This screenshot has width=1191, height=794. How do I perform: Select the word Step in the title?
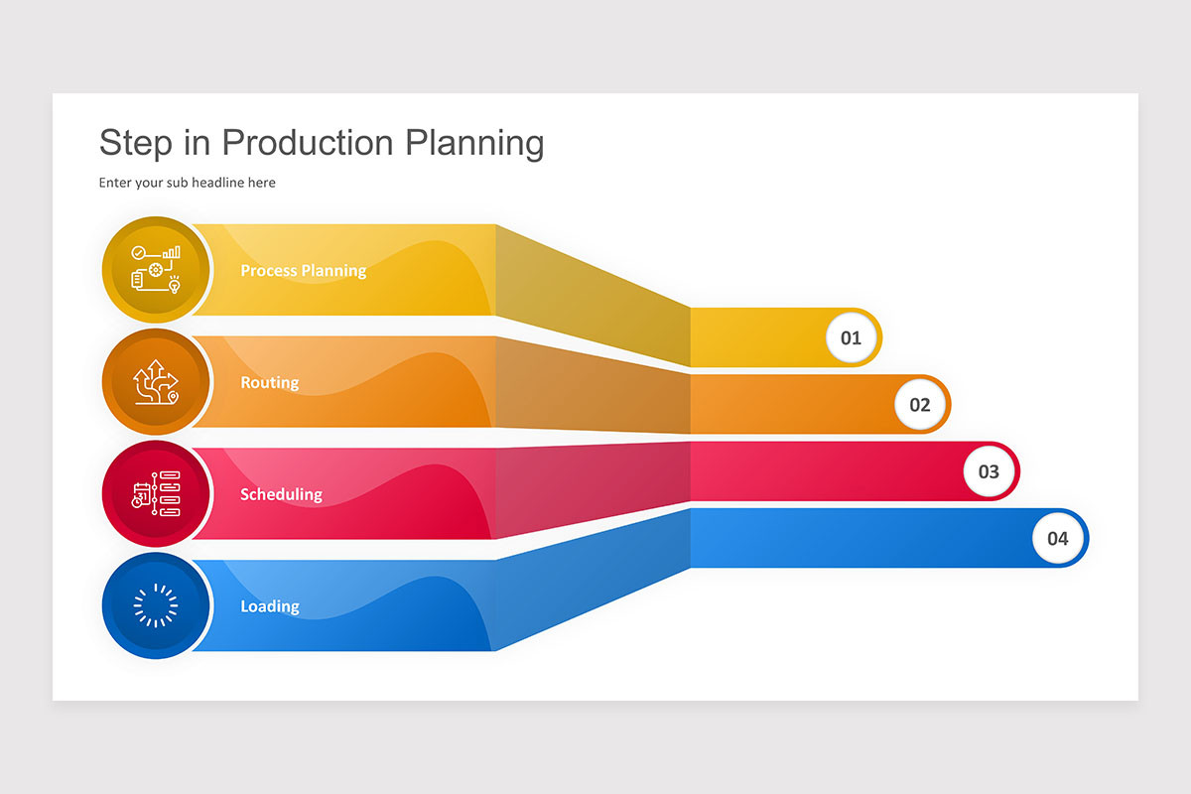(x=134, y=143)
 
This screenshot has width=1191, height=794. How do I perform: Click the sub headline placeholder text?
(x=187, y=183)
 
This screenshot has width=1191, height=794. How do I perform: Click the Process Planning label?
(x=303, y=270)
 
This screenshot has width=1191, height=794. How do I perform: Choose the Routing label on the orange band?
(x=269, y=382)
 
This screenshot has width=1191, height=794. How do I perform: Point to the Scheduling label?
(x=281, y=494)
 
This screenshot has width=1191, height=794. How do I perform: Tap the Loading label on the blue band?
(x=269, y=606)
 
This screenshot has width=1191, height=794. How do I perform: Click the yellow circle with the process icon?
(x=156, y=269)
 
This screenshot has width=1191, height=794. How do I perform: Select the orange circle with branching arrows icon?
(x=156, y=381)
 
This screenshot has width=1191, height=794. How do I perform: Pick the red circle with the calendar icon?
(x=156, y=493)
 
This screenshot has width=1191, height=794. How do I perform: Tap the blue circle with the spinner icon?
(x=156, y=605)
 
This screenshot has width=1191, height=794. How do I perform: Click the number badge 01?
(x=851, y=337)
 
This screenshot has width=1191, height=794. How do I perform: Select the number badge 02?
(x=920, y=405)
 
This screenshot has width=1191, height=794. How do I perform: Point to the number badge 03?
(x=989, y=471)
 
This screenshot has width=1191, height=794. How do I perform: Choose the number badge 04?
(x=1057, y=539)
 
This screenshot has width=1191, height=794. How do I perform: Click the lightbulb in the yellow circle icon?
(x=175, y=285)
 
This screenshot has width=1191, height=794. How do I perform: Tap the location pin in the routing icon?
(x=174, y=397)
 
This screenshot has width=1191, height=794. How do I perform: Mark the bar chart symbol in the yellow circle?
(x=172, y=253)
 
